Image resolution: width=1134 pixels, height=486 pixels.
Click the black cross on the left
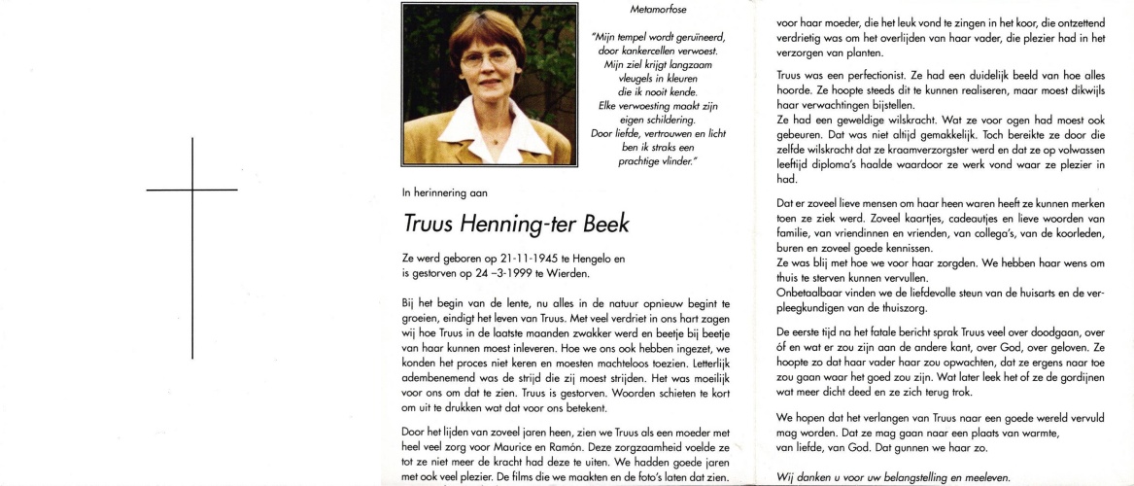193,188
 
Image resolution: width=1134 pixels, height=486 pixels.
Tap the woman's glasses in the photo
487,57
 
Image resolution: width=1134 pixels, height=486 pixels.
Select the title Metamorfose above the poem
658,10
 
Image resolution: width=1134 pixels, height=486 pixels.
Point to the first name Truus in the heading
433,224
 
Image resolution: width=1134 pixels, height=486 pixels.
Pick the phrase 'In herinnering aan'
445,192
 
